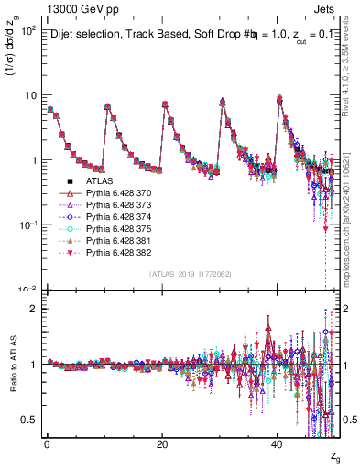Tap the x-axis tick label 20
(x=162, y=444)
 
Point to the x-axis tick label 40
(x=278, y=444)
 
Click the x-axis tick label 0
(x=47, y=444)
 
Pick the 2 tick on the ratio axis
(x=34, y=308)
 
